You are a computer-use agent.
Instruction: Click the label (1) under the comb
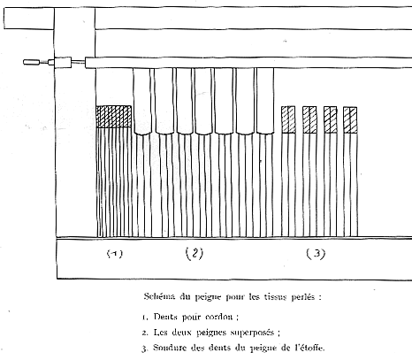point(115,254)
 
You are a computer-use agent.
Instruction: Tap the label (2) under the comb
point(195,253)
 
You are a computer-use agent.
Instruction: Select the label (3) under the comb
point(316,254)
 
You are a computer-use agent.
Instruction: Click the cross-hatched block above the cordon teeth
point(114,117)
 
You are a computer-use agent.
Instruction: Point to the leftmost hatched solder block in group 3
point(288,119)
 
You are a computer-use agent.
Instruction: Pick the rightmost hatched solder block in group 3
point(350,120)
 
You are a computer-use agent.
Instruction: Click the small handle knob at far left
point(31,62)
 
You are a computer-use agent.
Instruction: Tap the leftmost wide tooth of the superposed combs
point(142,102)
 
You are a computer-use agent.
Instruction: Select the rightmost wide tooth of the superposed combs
point(265,102)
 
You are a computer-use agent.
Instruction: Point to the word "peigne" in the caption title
point(208,297)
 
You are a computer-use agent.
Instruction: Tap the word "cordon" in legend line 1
point(219,317)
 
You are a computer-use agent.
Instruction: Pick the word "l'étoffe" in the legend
point(309,348)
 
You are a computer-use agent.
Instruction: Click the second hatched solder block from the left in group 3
point(309,119)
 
